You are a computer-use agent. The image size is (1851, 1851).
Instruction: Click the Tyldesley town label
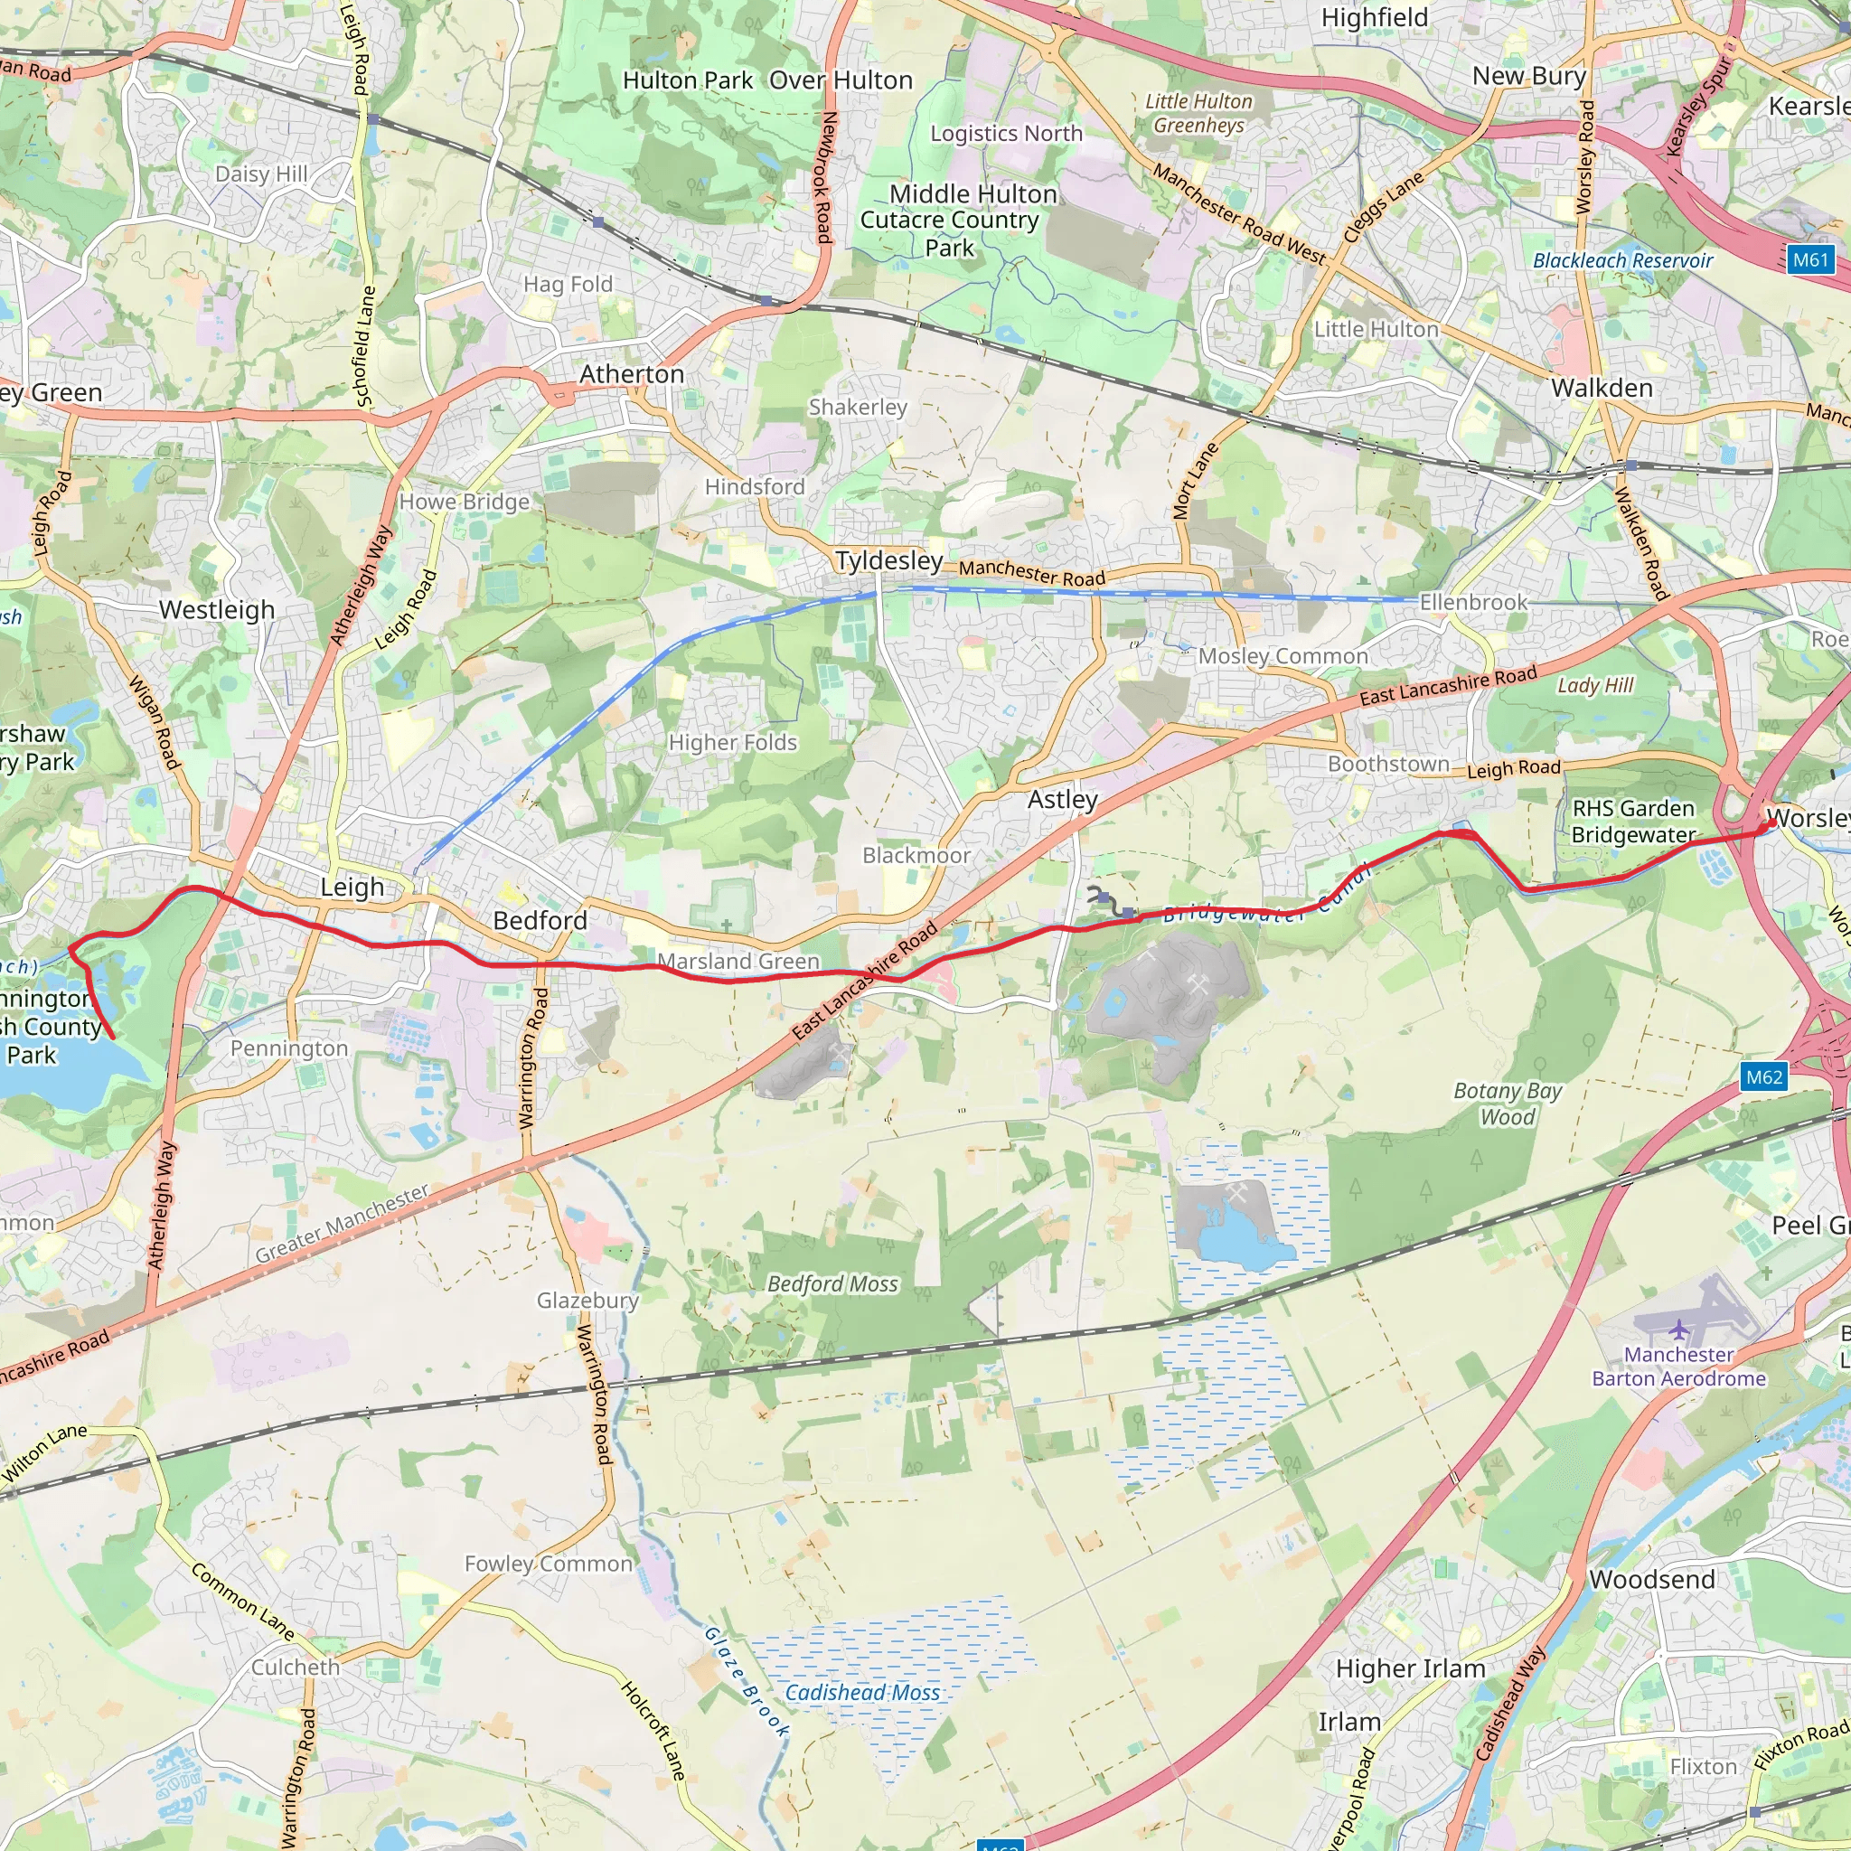point(888,560)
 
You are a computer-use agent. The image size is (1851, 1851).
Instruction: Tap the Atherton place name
point(632,373)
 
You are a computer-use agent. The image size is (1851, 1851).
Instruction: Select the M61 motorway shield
point(1809,259)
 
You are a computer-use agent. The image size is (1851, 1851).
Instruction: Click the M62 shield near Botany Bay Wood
point(1764,1076)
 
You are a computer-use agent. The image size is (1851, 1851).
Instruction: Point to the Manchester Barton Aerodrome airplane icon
point(1678,1330)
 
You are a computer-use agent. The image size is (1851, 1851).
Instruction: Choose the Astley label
point(1063,799)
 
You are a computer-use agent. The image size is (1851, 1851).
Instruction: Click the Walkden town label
point(1602,388)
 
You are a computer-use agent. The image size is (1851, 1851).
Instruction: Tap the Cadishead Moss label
point(862,1693)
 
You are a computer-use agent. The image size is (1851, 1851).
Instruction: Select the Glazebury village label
point(587,1300)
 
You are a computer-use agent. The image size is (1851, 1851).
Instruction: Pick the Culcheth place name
point(295,1667)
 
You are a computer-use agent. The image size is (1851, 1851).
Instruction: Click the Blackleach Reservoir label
point(1623,260)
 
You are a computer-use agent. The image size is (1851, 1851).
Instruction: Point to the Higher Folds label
point(733,743)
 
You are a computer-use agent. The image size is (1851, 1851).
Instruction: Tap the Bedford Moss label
point(832,1283)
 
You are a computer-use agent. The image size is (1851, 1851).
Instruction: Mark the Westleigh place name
point(217,609)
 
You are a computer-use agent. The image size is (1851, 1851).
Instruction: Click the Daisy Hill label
point(261,174)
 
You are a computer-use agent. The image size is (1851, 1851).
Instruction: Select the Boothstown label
point(1388,764)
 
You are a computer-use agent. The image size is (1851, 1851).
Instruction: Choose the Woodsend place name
point(1652,1579)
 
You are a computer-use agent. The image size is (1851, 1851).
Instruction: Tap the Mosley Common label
point(1283,656)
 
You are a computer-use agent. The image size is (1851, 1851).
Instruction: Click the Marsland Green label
point(738,961)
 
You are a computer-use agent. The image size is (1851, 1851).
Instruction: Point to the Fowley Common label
point(548,1564)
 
